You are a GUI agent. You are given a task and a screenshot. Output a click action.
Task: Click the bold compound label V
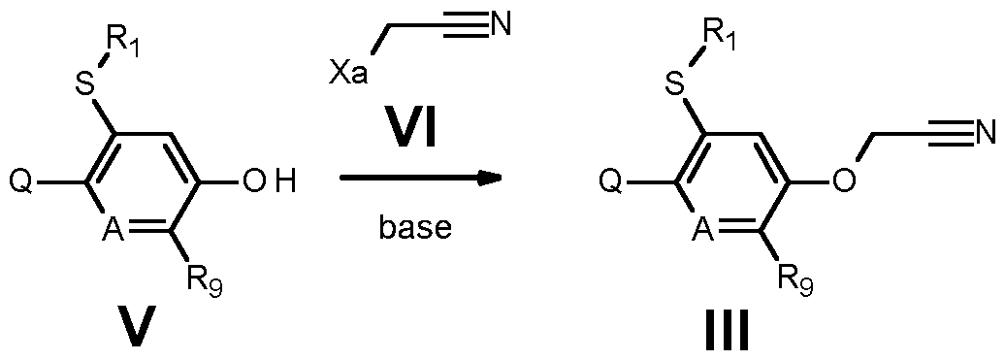139,329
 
